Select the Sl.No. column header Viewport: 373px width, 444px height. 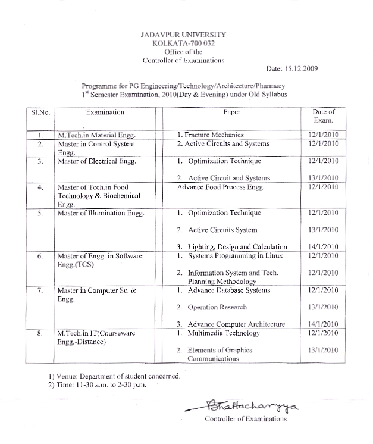[39, 112]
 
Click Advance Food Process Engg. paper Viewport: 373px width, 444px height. [221, 187]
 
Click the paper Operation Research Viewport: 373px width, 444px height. [217, 307]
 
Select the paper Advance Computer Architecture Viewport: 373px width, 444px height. [236, 324]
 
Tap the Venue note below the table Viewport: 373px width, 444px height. [114, 376]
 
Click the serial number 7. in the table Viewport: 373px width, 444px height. [39, 290]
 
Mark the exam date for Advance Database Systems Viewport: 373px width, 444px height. [324, 290]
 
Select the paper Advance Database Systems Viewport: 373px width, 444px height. [228, 290]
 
